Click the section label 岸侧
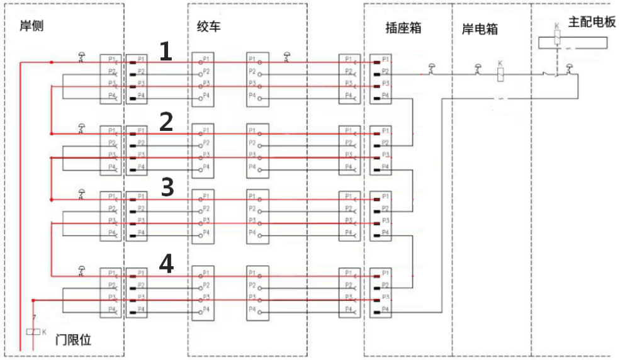click(x=32, y=26)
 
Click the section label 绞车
click(x=209, y=26)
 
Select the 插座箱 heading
click(x=403, y=28)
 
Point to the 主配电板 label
click(x=591, y=21)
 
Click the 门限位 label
click(x=74, y=340)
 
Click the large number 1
click(x=166, y=52)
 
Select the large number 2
click(x=166, y=121)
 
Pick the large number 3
click(x=167, y=187)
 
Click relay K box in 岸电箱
click(x=500, y=74)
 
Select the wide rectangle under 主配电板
click(x=573, y=43)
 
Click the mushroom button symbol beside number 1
click(x=81, y=57)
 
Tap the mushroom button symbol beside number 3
click(x=81, y=193)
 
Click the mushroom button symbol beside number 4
click(x=81, y=270)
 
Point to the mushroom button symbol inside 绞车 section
click(x=288, y=57)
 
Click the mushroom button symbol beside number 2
click(x=81, y=128)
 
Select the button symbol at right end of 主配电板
click(x=570, y=69)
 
